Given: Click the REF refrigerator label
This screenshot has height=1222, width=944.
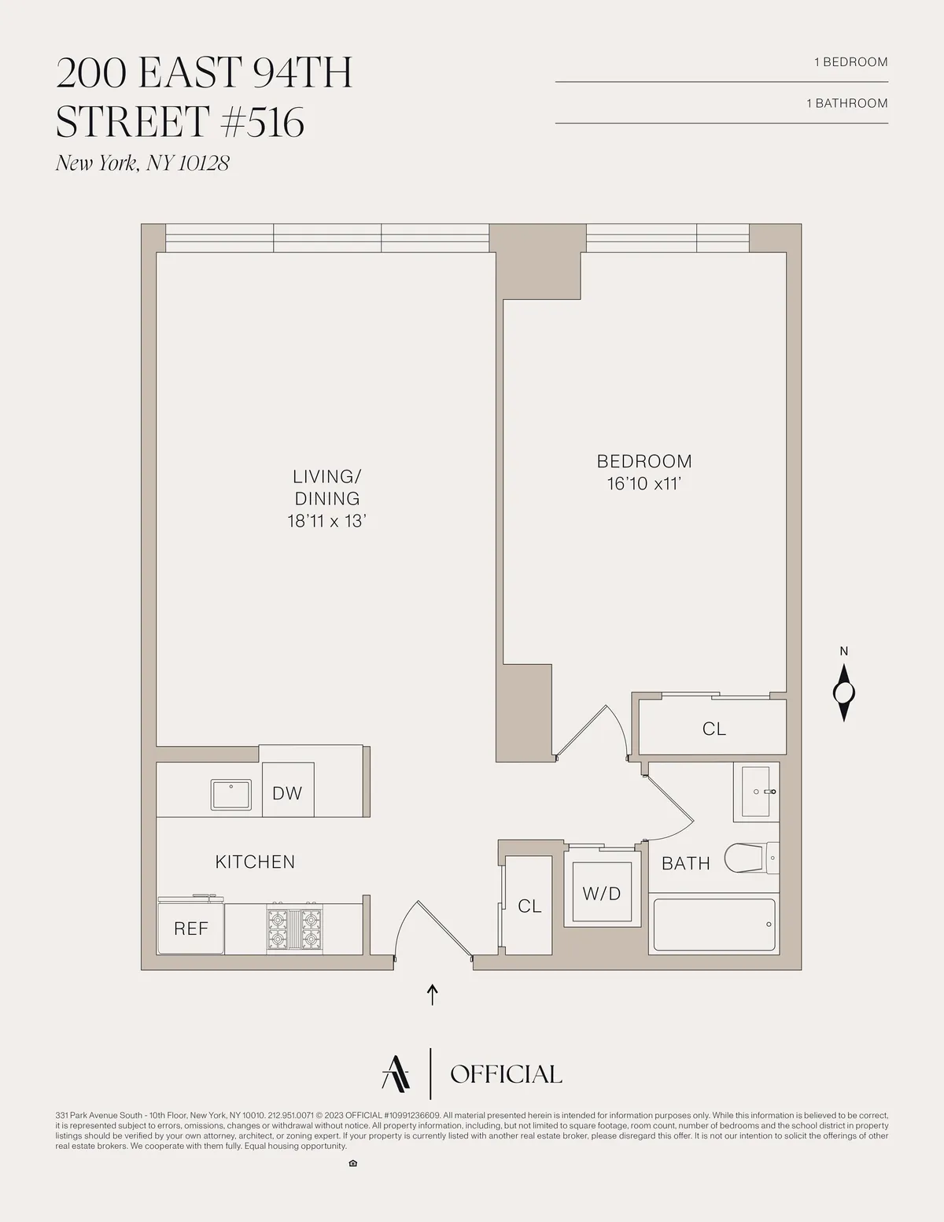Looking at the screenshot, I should tap(191, 929).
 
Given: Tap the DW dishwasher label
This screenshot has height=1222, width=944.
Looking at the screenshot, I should tap(287, 793).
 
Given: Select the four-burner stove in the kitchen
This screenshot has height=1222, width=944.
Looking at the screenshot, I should tap(294, 929).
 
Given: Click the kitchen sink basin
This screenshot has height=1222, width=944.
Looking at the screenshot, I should tap(230, 795).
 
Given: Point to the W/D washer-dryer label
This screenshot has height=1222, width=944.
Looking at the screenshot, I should tap(602, 894).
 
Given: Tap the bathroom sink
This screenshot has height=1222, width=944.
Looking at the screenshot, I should tap(755, 792).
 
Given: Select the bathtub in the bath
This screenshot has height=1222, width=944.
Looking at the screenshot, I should tap(714, 925).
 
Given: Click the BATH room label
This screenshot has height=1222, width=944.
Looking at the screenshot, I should tap(686, 864).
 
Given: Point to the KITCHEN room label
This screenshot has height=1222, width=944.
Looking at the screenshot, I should tap(255, 862).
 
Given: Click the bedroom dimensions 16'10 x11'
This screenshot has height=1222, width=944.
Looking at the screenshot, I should tap(643, 484).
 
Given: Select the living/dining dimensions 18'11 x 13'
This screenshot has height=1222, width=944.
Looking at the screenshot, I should tap(327, 521).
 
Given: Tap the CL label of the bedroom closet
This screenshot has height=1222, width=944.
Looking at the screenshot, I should tap(714, 729).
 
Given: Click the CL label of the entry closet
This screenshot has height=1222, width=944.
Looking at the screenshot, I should tap(529, 906).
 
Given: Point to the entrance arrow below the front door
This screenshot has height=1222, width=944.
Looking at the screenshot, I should tap(432, 994).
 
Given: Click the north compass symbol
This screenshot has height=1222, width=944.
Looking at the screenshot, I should tap(844, 692).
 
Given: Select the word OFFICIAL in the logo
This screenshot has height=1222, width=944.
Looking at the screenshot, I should tap(506, 1074).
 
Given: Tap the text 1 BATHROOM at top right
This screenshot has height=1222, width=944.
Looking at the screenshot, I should tap(846, 103).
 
